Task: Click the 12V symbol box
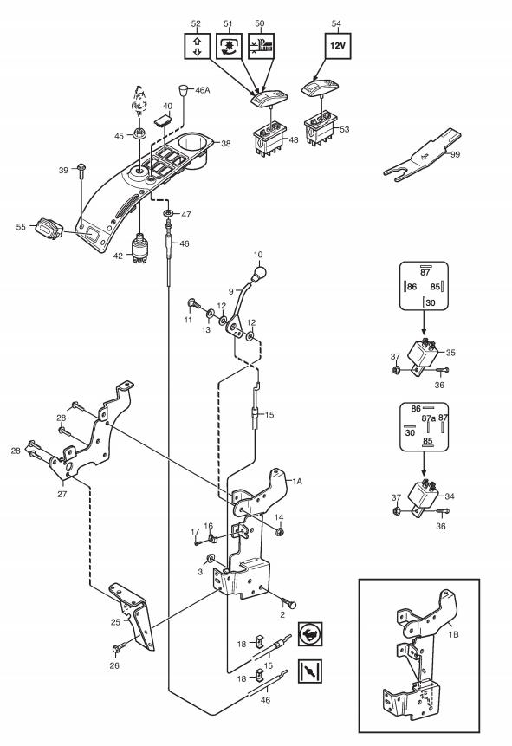338,46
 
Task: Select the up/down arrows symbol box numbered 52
197,46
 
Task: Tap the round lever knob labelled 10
259,273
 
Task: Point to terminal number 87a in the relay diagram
428,418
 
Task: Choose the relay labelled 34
424,497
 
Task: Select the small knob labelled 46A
183,89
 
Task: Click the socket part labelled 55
48,230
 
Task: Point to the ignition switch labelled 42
139,248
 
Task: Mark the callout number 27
62,494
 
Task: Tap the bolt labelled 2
288,601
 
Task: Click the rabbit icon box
310,633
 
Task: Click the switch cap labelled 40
162,120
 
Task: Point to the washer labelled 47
168,212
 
